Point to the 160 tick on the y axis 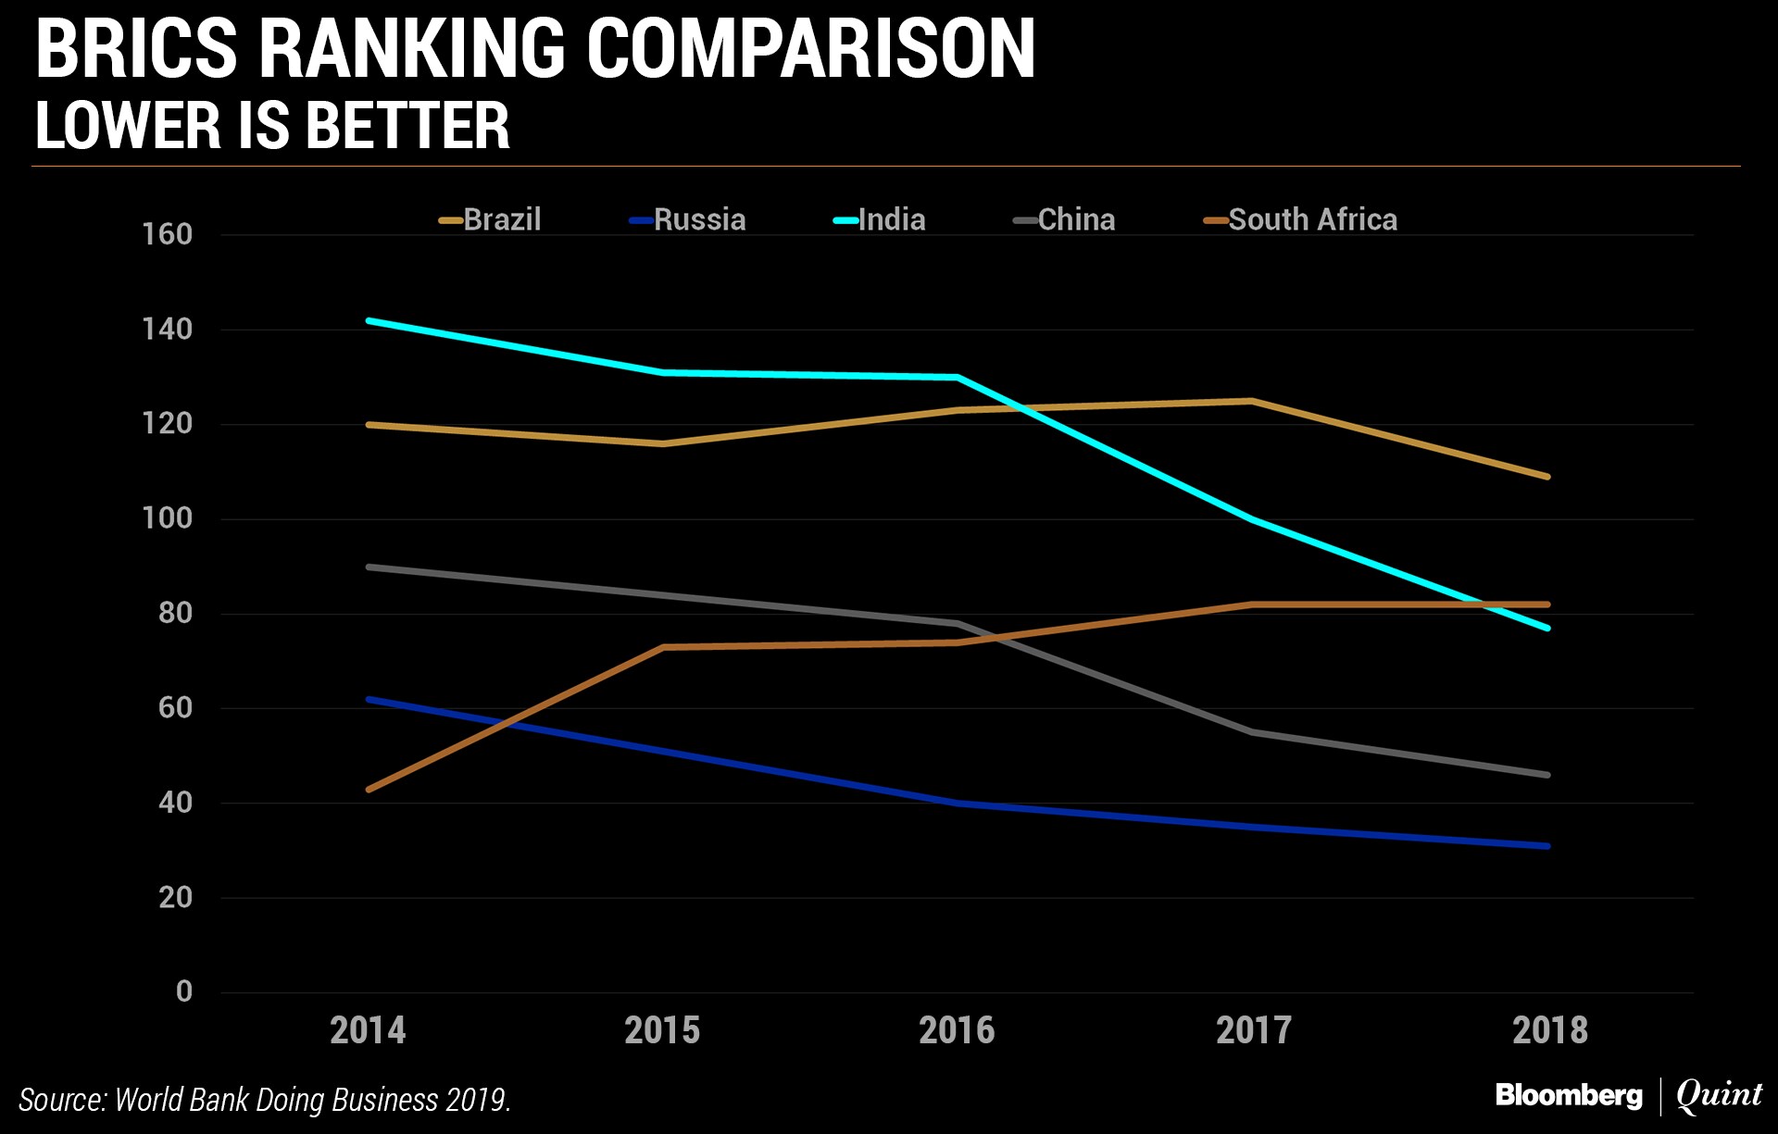click(x=168, y=234)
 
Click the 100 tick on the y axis click(x=168, y=517)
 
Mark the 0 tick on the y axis click(x=184, y=991)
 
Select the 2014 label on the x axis click(x=368, y=1030)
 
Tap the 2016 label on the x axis click(x=957, y=1030)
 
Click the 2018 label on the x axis click(x=1549, y=1030)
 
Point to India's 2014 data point click(x=369, y=321)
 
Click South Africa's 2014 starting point click(x=369, y=790)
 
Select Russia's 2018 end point click(x=1547, y=846)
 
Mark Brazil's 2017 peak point click(x=1252, y=401)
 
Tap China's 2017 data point click(x=1252, y=732)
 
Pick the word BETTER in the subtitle click(x=407, y=126)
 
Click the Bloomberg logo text click(x=1569, y=1095)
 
